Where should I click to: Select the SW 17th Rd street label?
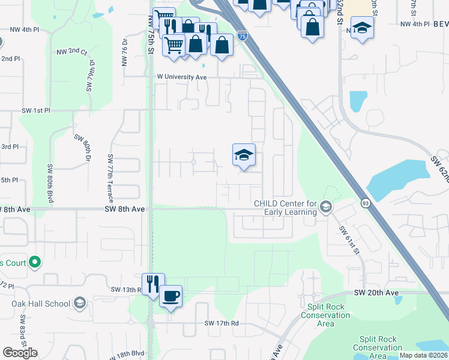221,323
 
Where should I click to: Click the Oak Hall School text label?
41,303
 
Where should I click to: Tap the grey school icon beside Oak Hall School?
80,303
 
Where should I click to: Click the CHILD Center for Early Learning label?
285,208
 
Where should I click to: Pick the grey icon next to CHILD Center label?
326,207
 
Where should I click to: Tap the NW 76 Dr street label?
125,52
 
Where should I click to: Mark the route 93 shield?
364,203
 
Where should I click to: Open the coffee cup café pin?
170,296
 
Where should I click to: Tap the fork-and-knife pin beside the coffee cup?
153,284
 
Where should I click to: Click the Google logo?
20,353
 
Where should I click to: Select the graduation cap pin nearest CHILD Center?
244,155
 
